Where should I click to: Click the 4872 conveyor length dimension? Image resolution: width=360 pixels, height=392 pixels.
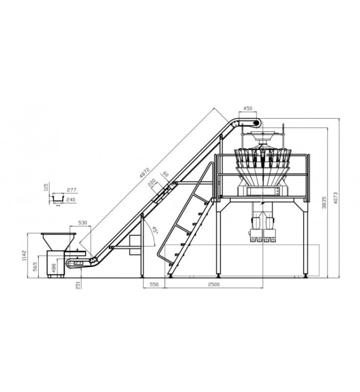click(x=145, y=173)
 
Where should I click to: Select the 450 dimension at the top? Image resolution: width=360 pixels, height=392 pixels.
click(x=248, y=108)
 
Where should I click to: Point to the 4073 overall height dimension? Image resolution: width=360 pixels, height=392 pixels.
click(x=335, y=198)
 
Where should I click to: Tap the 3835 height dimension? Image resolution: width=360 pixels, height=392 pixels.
click(x=324, y=202)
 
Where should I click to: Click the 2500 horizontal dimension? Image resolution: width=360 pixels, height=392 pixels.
click(x=214, y=284)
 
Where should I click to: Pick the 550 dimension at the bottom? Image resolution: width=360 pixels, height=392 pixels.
click(x=154, y=284)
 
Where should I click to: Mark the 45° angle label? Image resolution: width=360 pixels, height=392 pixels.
click(x=155, y=230)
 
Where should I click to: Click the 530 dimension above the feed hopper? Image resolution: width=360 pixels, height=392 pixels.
click(x=83, y=223)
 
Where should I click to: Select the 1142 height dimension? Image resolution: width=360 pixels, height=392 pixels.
click(x=24, y=255)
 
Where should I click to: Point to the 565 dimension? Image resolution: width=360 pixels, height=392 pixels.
click(x=35, y=267)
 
